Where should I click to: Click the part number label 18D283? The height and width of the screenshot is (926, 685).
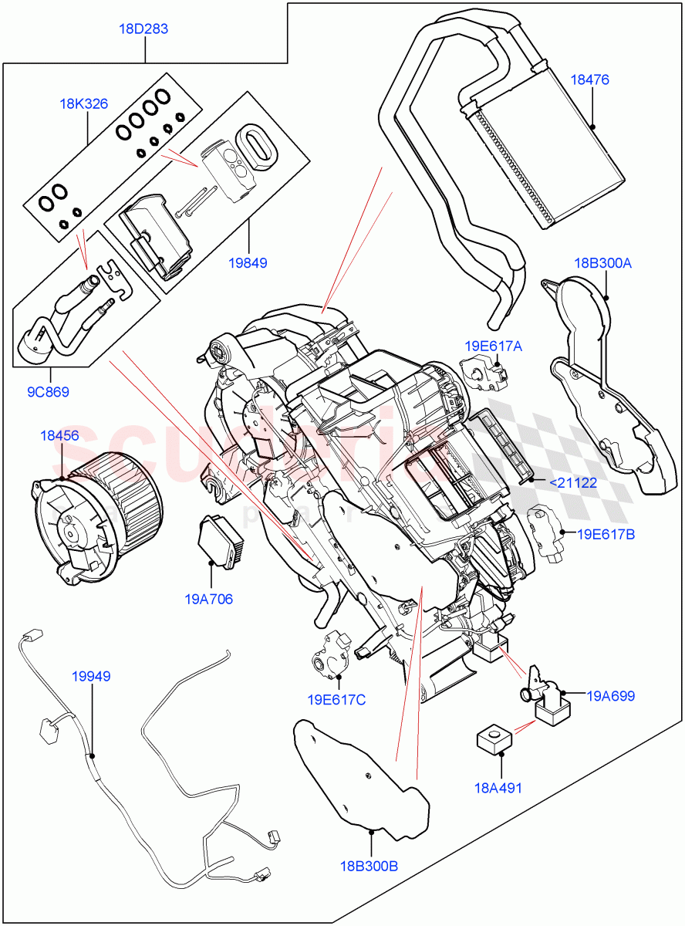143,29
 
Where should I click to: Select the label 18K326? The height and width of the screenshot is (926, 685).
84,103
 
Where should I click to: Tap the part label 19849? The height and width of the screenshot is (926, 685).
248,262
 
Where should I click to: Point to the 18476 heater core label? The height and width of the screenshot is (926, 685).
589,79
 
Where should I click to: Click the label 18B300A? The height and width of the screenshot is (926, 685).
602,263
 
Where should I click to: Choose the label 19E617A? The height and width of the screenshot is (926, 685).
493,346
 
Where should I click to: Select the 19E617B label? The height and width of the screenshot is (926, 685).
606,533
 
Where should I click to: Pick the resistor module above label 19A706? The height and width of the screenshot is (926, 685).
221,541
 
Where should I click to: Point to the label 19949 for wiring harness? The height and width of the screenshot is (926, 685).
90,676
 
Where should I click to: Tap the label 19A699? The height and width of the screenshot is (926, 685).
610,696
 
